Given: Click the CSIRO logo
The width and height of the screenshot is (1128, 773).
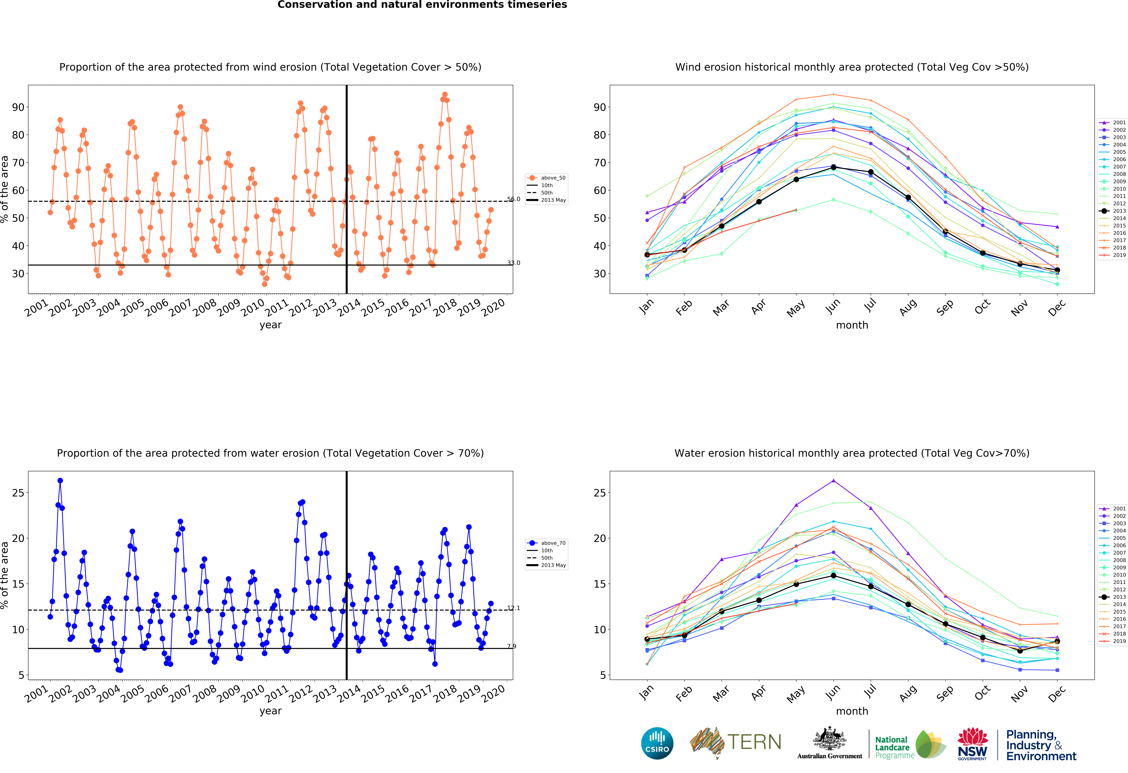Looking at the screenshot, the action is pyautogui.click(x=657, y=743).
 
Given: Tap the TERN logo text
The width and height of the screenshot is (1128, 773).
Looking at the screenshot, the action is pyautogui.click(x=754, y=742).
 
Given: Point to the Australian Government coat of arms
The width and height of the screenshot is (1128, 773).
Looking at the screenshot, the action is pyautogui.click(x=830, y=739).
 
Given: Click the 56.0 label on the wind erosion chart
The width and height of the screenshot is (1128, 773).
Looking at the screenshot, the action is pyautogui.click(x=514, y=199).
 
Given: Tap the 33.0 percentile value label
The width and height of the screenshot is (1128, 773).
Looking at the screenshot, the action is pyautogui.click(x=514, y=263).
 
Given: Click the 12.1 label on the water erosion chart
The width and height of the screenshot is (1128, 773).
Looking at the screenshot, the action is pyautogui.click(x=514, y=608).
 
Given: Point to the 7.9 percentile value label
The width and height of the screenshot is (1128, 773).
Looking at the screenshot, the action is pyautogui.click(x=512, y=646).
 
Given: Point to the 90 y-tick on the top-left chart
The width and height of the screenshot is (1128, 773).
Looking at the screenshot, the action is pyautogui.click(x=18, y=107).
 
